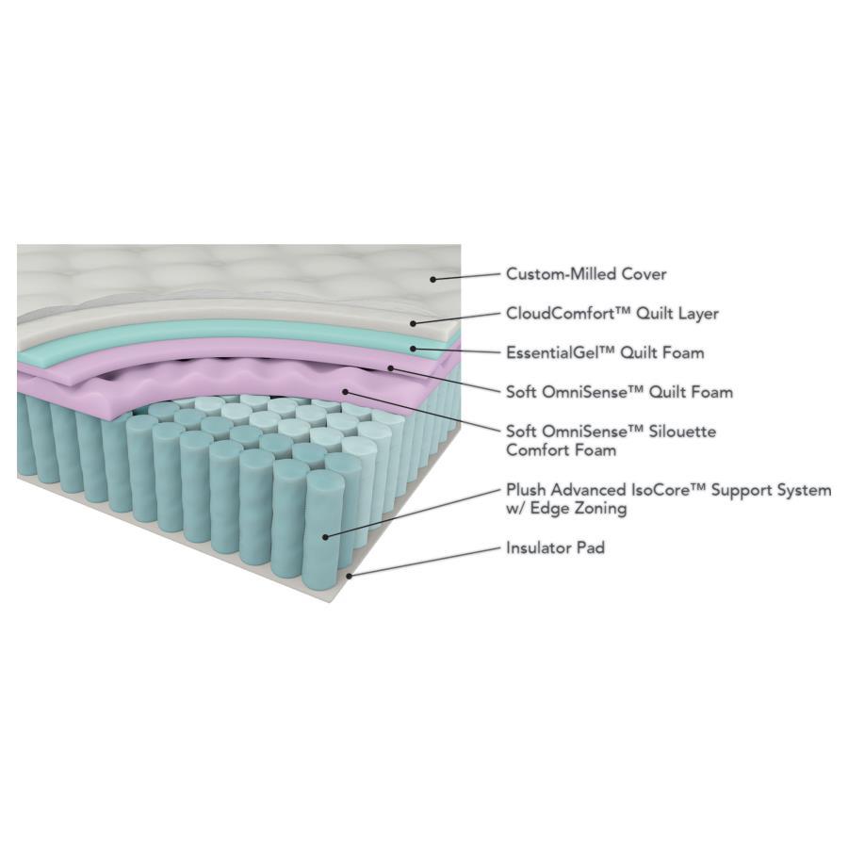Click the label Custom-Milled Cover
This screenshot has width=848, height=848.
(x=585, y=274)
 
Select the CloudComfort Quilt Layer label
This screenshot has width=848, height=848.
(x=612, y=314)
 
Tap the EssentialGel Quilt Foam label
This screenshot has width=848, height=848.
(x=604, y=352)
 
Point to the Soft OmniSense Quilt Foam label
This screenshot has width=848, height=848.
(x=618, y=392)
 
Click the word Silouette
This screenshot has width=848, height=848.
(x=675, y=432)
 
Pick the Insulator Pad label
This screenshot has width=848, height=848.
(x=554, y=547)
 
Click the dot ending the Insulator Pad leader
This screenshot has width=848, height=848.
(x=351, y=573)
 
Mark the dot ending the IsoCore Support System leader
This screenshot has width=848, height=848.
(x=325, y=535)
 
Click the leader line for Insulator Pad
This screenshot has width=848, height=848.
(x=424, y=560)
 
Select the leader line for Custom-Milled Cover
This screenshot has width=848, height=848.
(x=466, y=276)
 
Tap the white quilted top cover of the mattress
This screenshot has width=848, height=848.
(x=188, y=273)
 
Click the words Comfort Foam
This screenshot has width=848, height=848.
(x=561, y=450)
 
